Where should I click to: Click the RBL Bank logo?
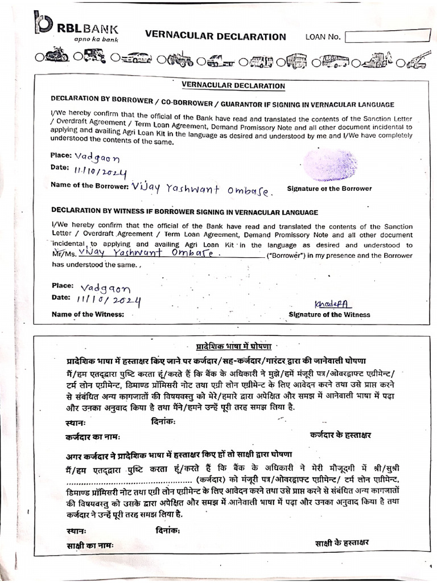(x=76, y=26)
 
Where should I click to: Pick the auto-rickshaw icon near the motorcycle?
(x=94, y=57)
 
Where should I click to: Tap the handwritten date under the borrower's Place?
(x=101, y=170)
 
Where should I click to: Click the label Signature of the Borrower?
(x=329, y=188)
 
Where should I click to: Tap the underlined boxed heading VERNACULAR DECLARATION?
(x=233, y=86)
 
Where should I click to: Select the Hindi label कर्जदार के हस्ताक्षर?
(x=340, y=435)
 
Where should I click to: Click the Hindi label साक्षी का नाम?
(x=90, y=545)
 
